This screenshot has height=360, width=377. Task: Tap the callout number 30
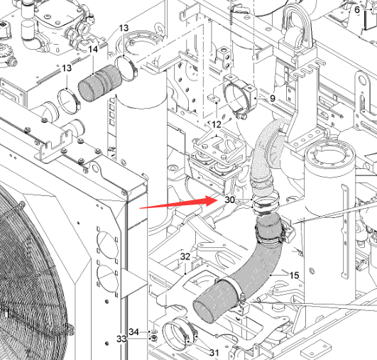click(229, 200)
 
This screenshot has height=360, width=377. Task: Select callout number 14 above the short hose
click(93, 49)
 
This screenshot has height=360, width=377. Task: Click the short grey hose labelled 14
click(100, 83)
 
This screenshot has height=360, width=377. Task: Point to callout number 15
click(295, 276)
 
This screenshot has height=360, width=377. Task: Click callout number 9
click(272, 98)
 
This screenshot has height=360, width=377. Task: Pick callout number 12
click(217, 124)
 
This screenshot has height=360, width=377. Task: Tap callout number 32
click(185, 256)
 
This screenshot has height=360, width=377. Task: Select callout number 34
click(133, 332)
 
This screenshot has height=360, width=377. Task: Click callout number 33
click(121, 339)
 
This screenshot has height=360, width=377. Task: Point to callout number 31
click(214, 353)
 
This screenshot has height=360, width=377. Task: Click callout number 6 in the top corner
click(357, 10)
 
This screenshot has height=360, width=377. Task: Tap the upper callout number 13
click(124, 28)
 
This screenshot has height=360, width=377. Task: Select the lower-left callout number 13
click(67, 68)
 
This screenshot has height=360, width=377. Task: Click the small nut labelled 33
click(153, 339)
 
